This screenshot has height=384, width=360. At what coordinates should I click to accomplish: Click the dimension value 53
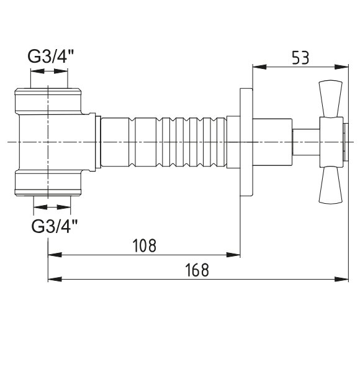[x=300, y=58]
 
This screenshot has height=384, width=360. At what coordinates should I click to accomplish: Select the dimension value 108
[x=144, y=245]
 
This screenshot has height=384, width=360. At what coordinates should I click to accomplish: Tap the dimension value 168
[x=197, y=270]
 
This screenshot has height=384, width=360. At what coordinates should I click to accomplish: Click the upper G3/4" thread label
[x=51, y=56]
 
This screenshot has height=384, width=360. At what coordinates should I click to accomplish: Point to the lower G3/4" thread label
[x=54, y=226]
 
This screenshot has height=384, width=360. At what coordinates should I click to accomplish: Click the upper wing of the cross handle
[x=330, y=98]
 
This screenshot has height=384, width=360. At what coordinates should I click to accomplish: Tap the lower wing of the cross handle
[x=330, y=185]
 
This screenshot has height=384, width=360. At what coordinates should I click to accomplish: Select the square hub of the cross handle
[x=331, y=142]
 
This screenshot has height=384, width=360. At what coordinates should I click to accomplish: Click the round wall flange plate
[x=246, y=142]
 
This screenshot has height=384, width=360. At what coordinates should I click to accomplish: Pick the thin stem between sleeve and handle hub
[x=306, y=142]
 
